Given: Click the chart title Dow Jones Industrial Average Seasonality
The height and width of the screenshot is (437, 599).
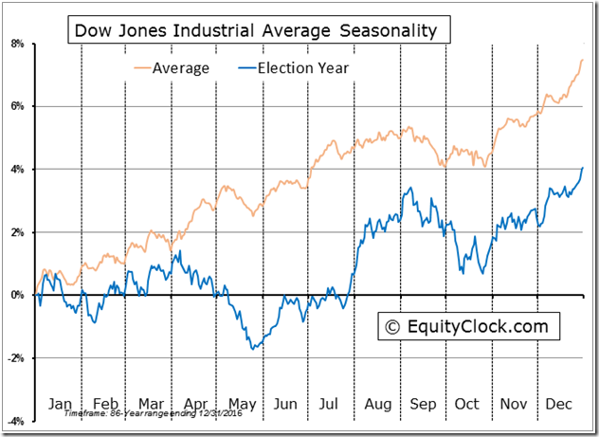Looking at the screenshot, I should click(x=256, y=31).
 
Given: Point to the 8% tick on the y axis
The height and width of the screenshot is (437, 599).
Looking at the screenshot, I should click(x=18, y=44).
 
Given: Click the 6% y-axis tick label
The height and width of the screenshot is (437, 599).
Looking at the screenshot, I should click(x=18, y=106).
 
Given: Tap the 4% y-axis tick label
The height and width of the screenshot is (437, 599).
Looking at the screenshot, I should click(x=18, y=169).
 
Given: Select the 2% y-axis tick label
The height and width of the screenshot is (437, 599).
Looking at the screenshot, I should click(x=18, y=232).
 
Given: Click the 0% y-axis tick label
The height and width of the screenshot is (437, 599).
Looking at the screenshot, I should click(x=18, y=295).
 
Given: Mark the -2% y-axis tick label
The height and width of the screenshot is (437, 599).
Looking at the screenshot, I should click(x=16, y=357).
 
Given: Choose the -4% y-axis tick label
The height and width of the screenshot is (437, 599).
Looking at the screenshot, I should click(x=16, y=420).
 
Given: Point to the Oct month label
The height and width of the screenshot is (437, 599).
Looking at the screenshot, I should click(x=467, y=403).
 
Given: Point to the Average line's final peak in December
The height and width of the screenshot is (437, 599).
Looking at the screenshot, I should click(x=582, y=60).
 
